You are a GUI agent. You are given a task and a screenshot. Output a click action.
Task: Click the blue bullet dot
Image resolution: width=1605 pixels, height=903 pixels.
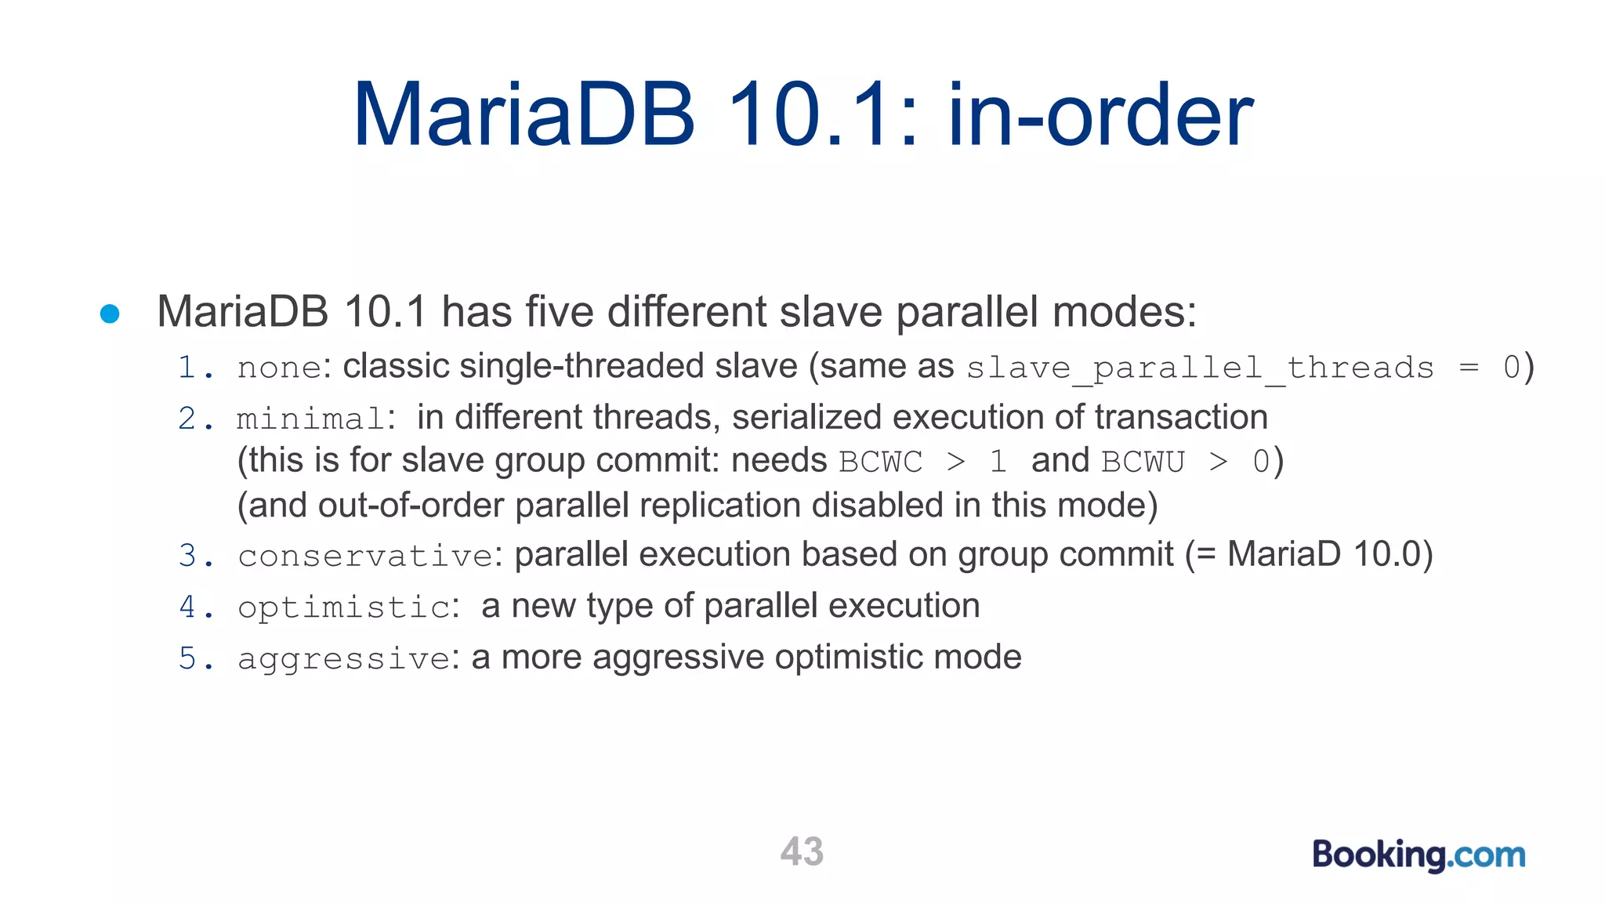[110, 314]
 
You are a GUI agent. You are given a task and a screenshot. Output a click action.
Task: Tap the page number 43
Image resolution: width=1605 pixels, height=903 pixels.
[802, 851]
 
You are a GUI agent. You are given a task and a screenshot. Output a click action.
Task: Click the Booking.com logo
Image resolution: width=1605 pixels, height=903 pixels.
[1418, 854]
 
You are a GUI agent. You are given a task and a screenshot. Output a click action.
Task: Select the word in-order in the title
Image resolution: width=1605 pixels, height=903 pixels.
[1101, 116]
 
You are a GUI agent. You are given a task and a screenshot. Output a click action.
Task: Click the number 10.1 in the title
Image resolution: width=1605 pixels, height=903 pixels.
[823, 116]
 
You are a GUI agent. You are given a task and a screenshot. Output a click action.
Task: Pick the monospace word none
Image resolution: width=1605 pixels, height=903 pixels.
[279, 368]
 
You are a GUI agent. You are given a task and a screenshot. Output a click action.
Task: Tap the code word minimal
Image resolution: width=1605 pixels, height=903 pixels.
[310, 419]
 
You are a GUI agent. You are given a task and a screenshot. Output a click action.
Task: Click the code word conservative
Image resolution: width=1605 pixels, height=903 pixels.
[365, 557]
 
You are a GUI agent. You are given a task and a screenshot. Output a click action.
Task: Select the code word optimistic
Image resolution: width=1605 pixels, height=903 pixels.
[344, 607]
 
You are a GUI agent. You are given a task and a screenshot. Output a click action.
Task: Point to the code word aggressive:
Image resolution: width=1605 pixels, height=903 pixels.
[345, 658]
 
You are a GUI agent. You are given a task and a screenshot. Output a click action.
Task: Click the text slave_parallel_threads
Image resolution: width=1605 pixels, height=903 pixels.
[1200, 368]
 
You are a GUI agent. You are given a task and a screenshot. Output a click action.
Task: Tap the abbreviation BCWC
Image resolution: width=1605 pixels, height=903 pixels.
[880, 462]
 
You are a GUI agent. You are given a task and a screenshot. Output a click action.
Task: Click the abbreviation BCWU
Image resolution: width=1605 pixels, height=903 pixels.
[1143, 462]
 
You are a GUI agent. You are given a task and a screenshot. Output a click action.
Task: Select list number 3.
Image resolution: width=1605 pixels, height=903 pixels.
[187, 556]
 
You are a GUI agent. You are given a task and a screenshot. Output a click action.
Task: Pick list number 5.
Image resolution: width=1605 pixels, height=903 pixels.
[187, 658]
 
